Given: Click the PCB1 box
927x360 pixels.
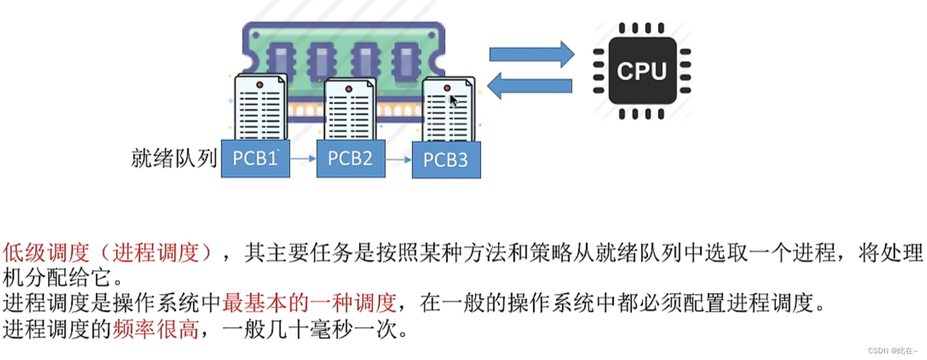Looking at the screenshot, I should pyautogui.click(x=255, y=158).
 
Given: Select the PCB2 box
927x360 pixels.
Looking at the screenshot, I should pyautogui.click(x=350, y=158).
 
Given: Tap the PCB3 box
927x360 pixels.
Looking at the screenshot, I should pyautogui.click(x=446, y=160).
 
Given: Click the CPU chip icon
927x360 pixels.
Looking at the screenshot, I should pyautogui.click(x=641, y=70).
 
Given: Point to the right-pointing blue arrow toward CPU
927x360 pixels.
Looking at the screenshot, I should pyautogui.click(x=531, y=55).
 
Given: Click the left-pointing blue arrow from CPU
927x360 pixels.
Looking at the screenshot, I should pyautogui.click(x=530, y=85).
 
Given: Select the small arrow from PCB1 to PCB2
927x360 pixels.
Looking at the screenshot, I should pyautogui.click(x=303, y=159).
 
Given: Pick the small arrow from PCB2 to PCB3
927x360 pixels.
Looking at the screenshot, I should pyautogui.click(x=398, y=160).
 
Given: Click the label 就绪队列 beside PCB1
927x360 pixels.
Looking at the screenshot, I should pyautogui.click(x=174, y=159).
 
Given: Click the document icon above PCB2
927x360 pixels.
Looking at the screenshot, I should pyautogui.click(x=350, y=110).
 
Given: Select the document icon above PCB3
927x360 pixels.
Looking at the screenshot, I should pyautogui.click(x=448, y=110).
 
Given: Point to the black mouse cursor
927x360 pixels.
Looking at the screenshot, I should pyautogui.click(x=453, y=101).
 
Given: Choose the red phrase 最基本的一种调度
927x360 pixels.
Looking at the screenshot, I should pyautogui.click(x=309, y=301).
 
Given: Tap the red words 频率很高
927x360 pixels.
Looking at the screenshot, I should pyautogui.click(x=156, y=330).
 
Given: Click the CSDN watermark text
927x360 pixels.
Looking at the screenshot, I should pyautogui.click(x=892, y=351).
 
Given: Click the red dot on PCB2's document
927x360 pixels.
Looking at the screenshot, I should pyautogui.click(x=349, y=89).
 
